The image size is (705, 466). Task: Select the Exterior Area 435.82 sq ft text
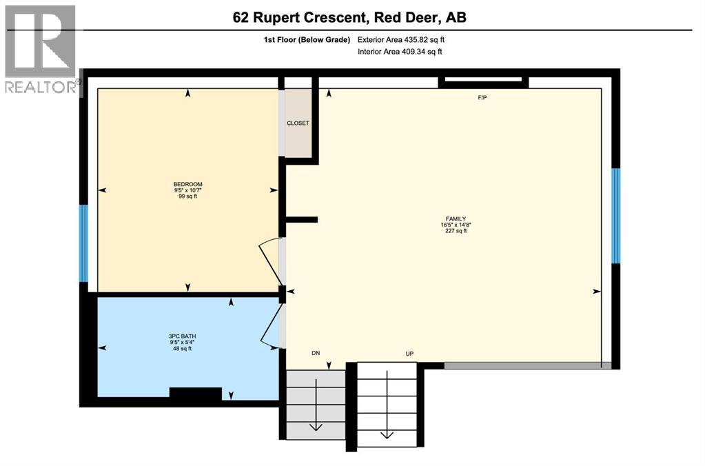[406, 41]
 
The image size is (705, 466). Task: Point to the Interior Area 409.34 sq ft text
[400, 52]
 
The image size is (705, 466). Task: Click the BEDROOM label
[187, 184]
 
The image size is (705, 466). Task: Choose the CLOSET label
[298, 123]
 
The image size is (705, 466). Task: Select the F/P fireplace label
[482, 98]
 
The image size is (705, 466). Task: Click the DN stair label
[316, 353]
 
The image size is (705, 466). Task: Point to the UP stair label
[409, 353]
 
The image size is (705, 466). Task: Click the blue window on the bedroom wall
[83, 243]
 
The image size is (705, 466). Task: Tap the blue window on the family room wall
[617, 216]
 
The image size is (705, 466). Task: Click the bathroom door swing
[271, 326]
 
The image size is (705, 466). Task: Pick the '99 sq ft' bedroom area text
[187, 196]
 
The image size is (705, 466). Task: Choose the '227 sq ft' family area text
[456, 231]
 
